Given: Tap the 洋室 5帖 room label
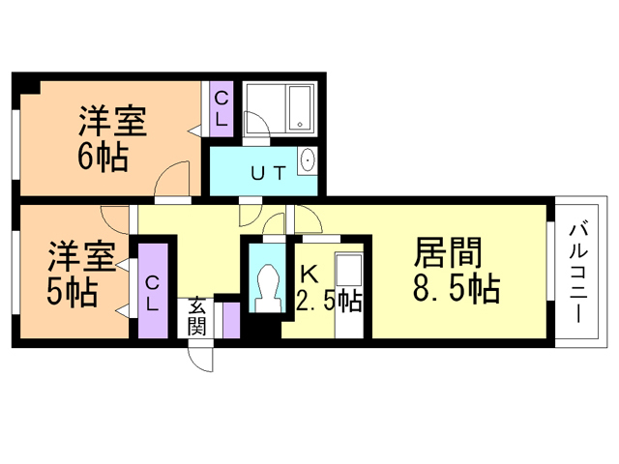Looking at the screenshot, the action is (80, 274).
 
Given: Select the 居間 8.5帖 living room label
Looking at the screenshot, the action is (456, 270).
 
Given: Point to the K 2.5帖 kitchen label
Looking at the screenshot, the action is (329, 289).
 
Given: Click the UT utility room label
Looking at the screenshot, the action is (269, 173).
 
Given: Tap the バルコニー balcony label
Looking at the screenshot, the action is (579, 274).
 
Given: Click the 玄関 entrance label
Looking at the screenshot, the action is (196, 317).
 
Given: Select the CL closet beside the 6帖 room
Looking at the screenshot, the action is (221, 109).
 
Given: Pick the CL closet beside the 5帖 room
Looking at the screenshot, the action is (153, 291).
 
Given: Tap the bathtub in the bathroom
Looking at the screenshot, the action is (300, 108).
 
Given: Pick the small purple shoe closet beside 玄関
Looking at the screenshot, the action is (231, 320).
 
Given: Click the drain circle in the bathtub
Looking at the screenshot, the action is (300, 125).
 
